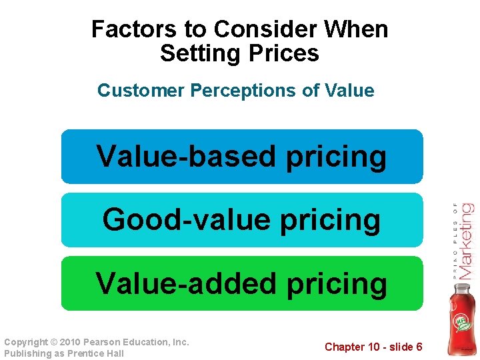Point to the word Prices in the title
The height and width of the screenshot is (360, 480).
click(281, 53)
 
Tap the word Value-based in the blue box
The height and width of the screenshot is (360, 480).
click(186, 157)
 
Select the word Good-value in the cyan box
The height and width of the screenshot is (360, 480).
click(187, 220)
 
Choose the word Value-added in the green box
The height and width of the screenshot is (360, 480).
click(186, 283)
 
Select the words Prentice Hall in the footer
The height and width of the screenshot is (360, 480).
click(97, 353)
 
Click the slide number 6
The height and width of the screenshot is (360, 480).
click(419, 347)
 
